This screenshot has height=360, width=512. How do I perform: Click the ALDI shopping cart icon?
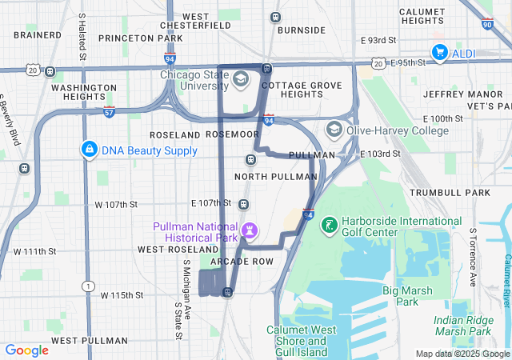coord(439,53)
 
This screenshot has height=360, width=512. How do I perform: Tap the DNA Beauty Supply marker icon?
coord(90,150)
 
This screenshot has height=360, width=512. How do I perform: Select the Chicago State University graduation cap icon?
coord(241,80)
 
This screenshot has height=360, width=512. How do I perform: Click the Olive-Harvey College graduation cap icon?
coord(334,130)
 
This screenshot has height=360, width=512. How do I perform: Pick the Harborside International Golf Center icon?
coord(328,226)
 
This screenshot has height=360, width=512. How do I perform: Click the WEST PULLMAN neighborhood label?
coord(89,340)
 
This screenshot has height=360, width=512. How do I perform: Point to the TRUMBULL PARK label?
coord(449,193)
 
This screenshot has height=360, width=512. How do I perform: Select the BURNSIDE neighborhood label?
coord(300,30)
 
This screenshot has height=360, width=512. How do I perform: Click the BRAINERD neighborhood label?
coord(38,35)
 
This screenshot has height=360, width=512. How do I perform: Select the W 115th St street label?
coord(122,295)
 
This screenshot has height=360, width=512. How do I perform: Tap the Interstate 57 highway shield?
coord(109,112)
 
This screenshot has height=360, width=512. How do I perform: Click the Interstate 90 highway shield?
coord(488,47)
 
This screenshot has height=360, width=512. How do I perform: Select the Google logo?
coord(27,350)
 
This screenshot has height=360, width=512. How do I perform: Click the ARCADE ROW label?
coord(242,262)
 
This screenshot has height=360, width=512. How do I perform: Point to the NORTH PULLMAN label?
coord(276,176)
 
